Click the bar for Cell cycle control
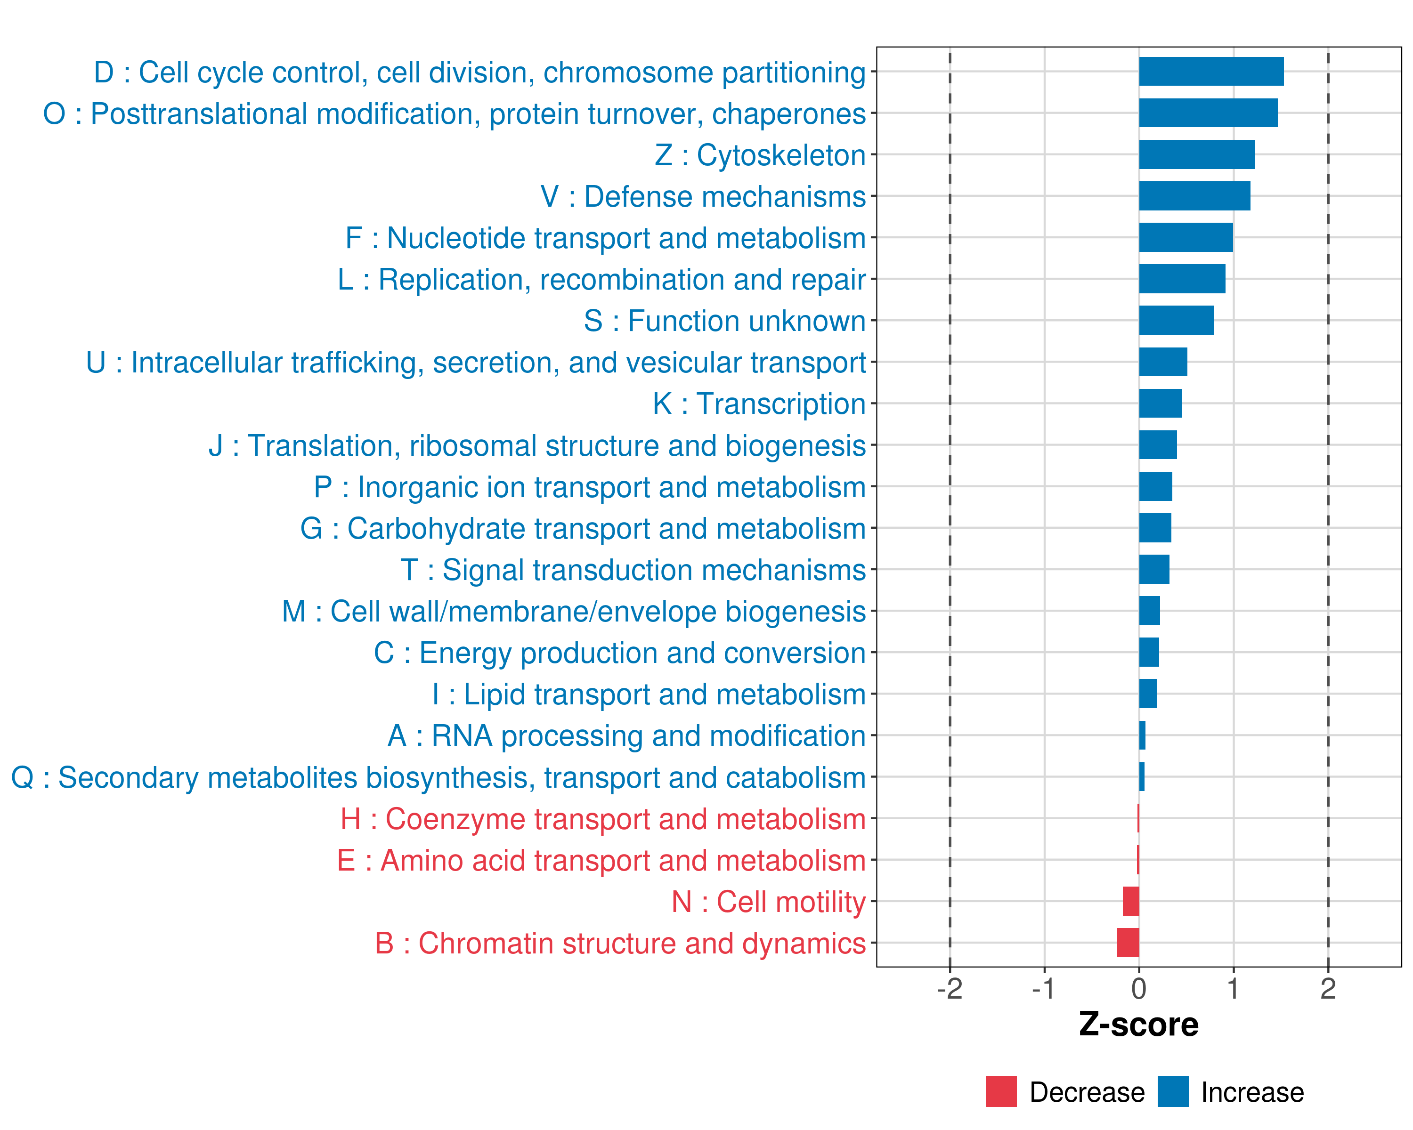(x=1211, y=72)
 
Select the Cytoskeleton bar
(x=1197, y=154)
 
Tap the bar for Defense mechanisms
(x=1194, y=196)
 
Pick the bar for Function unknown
(x=1177, y=320)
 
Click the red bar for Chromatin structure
(x=1128, y=943)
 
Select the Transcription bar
(x=1160, y=404)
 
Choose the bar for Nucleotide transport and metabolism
(x=1186, y=237)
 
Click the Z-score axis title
(x=1138, y=1025)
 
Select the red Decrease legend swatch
(x=1001, y=1091)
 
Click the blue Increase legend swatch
(x=1172, y=1091)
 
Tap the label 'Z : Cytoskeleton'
(x=760, y=155)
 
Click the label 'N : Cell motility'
(x=769, y=902)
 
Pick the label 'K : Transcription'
(x=759, y=404)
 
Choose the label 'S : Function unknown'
(x=725, y=321)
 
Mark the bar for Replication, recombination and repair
(x=1182, y=279)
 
